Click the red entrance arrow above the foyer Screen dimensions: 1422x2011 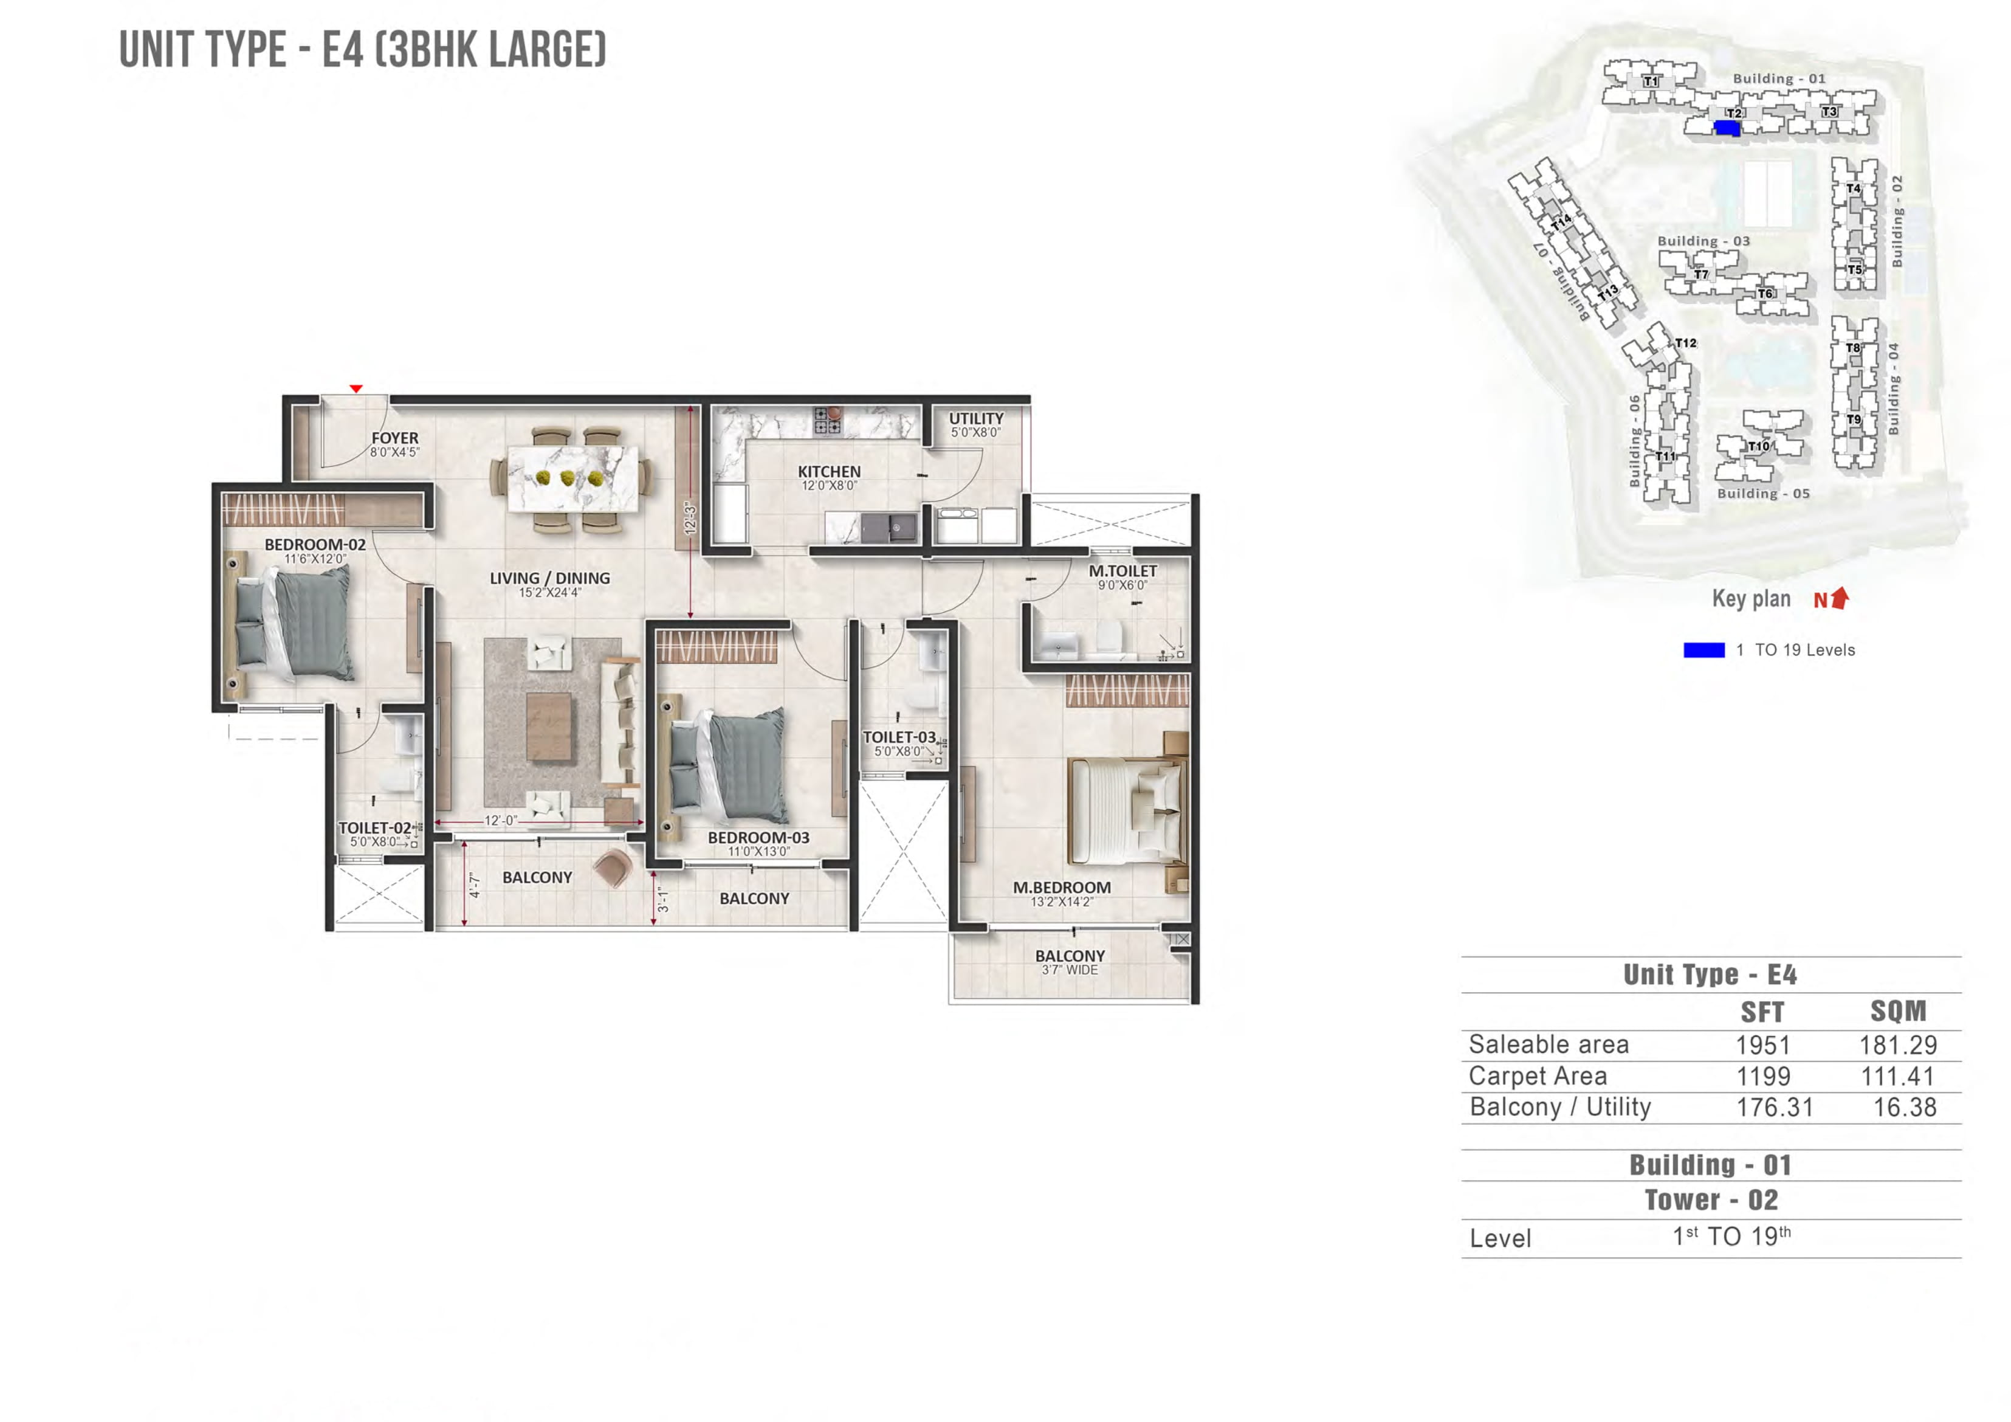[356, 388]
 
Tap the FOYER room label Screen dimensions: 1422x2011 [395, 438]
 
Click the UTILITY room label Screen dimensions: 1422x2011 [975, 419]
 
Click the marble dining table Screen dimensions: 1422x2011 [573, 478]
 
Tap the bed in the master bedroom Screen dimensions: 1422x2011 [1126, 810]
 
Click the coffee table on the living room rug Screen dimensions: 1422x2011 [549, 727]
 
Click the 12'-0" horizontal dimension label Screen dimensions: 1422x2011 [501, 821]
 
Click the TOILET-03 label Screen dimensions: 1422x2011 [899, 737]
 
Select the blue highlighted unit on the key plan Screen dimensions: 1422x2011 [1727, 128]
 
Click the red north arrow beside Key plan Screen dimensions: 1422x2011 [1840, 598]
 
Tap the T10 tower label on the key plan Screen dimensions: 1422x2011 [1759, 446]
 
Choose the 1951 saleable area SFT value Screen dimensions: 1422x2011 [1762, 1044]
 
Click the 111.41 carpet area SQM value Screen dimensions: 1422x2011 [1897, 1076]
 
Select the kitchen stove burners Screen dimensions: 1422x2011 [828, 421]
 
